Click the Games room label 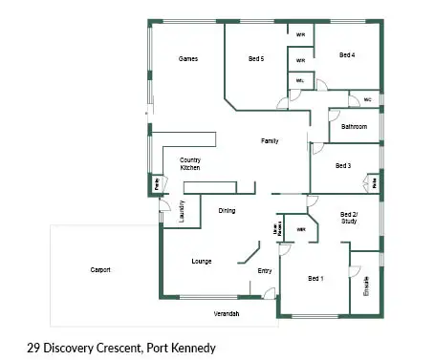coord(188,59)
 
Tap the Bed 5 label coord(255,59)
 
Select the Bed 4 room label coord(347,55)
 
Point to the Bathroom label coord(355,126)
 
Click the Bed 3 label coord(343,165)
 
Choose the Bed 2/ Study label coord(349,218)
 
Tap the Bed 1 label coord(315,278)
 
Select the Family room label coord(271,141)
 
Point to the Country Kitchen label coord(189,163)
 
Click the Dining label coord(227,211)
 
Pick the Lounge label coord(201,261)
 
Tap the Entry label coord(265,270)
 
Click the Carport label coord(100,270)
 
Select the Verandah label coord(226,313)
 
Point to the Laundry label coord(182,222)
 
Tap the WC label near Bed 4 coord(366,99)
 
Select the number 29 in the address coord(34,348)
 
